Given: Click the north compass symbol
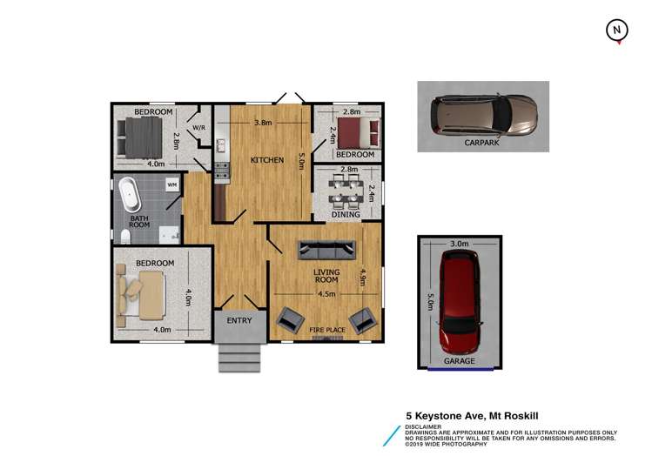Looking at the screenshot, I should click(x=616, y=30).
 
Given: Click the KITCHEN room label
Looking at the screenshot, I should click(x=265, y=161).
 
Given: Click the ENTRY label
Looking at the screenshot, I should click(x=239, y=320).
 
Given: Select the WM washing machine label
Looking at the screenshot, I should click(x=172, y=184).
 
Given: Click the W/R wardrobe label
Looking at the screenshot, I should click(x=198, y=128).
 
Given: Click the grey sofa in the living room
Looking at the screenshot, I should click(x=326, y=250).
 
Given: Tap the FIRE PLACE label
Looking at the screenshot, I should click(x=327, y=330).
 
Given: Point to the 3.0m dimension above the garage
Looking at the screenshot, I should click(x=459, y=245).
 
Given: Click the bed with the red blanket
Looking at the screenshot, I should click(x=359, y=134).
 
